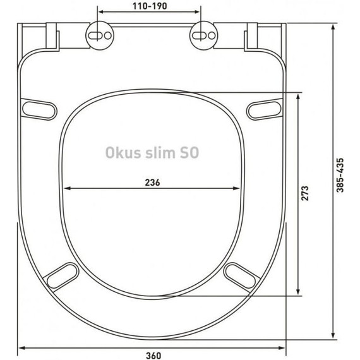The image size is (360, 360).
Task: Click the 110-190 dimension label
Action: point(149,6)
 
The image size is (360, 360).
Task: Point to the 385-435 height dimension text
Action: point(341,176)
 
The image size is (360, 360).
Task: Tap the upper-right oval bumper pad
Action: point(264,108)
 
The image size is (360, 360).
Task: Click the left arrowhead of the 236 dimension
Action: point(66,188)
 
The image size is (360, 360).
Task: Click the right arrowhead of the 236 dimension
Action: point(240,188)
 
